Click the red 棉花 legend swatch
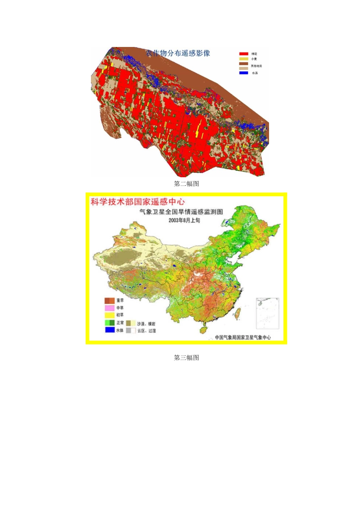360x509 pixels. (x=244, y=54)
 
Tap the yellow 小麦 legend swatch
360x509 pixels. (x=244, y=59)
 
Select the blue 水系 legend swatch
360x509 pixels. (x=244, y=73)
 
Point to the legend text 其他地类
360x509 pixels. (x=256, y=66)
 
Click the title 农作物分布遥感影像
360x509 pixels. (x=178, y=53)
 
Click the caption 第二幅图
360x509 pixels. (x=186, y=184)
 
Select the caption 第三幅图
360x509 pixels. (x=186, y=358)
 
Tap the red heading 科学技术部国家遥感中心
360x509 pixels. (x=138, y=202)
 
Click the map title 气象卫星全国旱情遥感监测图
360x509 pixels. (x=181, y=212)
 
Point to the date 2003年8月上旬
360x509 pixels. (x=185, y=220)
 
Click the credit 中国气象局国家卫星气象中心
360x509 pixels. (x=243, y=337)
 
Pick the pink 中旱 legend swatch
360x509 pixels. (x=110, y=308)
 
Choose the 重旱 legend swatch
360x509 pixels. (x=110, y=301)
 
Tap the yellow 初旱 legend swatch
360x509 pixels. (x=110, y=315)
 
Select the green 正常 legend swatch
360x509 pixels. (x=110, y=323)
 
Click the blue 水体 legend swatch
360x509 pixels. (x=110, y=330)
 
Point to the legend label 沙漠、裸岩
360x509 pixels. (x=146, y=324)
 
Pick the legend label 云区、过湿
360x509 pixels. (x=146, y=331)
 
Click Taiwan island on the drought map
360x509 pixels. (x=238, y=313)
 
